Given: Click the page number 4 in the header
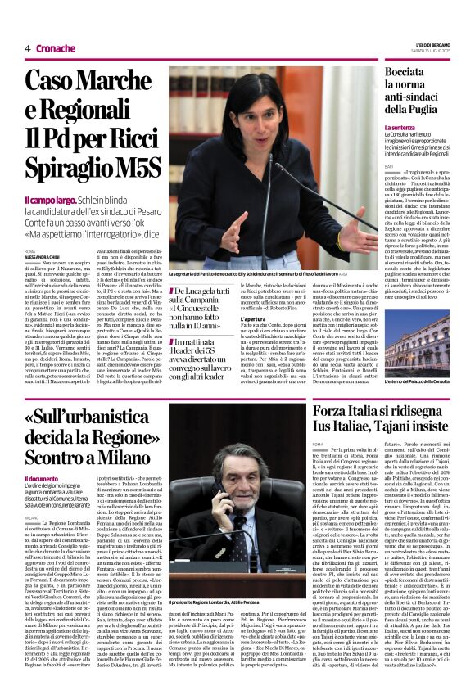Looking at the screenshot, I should click(x=28, y=48).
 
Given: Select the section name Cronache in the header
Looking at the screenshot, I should click(x=55, y=48).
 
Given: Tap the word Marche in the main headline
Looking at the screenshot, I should click(x=123, y=82).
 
